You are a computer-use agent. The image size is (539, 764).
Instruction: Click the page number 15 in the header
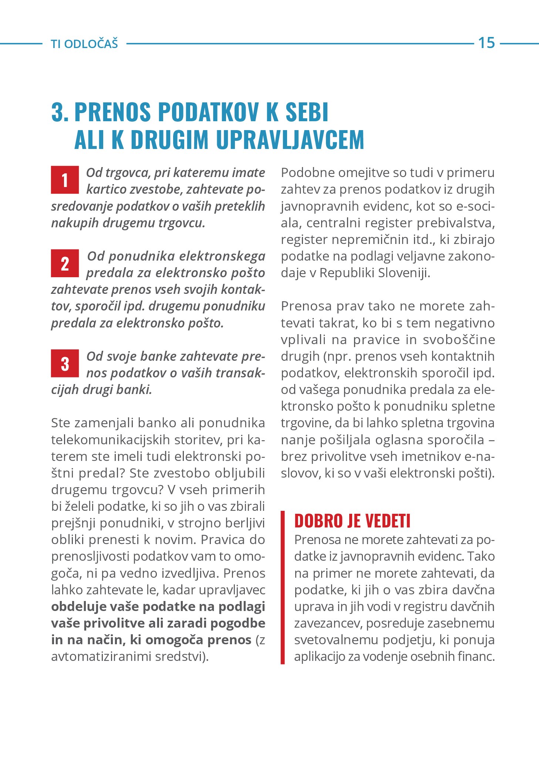pos(486,43)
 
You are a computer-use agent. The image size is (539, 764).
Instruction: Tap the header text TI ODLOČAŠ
pos(84,44)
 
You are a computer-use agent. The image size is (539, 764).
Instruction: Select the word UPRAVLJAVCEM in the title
pos(290,140)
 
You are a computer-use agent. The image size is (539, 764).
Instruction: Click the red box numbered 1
pos(65,180)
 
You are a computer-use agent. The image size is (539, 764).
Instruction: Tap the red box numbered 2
pos(65,263)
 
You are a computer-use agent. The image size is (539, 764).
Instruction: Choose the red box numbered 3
pos(65,363)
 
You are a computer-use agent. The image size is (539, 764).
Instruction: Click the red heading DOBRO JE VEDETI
pos(352,521)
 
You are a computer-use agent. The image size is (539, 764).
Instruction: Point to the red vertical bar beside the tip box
pos(283,587)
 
